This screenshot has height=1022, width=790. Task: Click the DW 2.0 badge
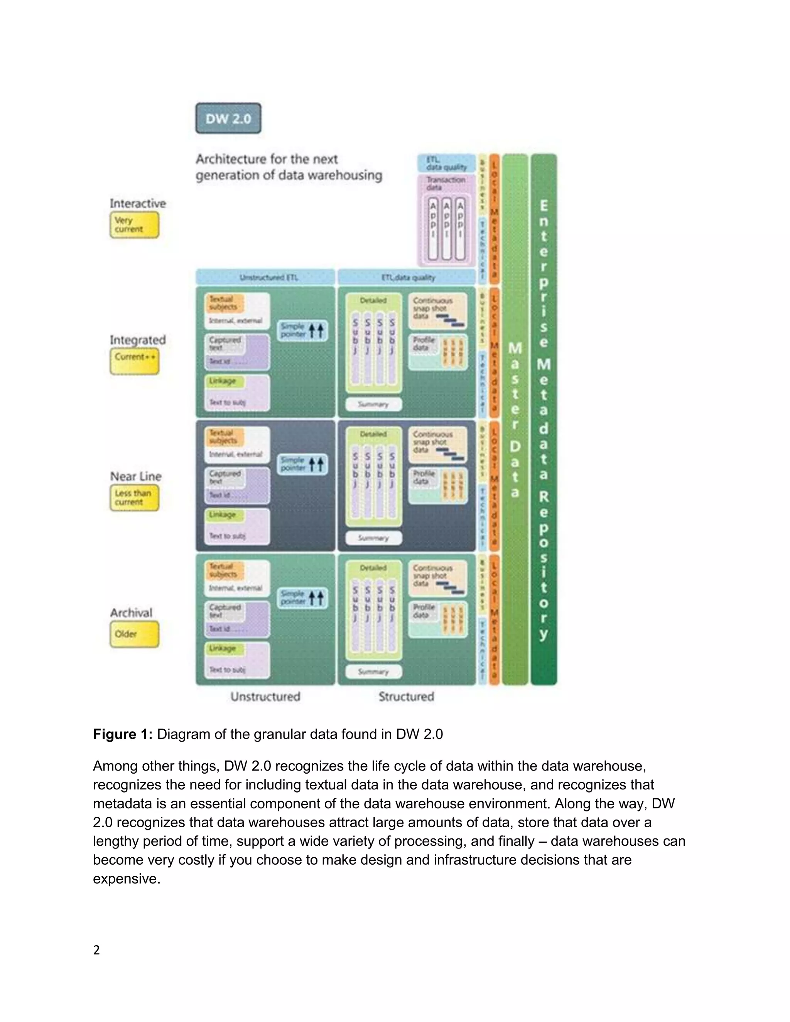[x=228, y=118]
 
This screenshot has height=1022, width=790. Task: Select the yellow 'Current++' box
[x=134, y=361]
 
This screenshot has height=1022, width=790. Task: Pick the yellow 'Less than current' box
[x=134, y=498]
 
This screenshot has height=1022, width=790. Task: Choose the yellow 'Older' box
[x=134, y=634]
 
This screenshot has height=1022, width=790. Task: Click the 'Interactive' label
[x=138, y=204]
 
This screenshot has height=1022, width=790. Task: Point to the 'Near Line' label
[x=136, y=476]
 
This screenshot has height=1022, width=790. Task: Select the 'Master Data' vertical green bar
[x=515, y=419]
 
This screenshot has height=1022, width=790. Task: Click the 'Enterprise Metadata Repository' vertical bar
[x=544, y=419]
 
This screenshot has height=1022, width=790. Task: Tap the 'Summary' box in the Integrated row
[x=373, y=404]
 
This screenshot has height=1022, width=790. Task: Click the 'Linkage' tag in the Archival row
[x=223, y=649]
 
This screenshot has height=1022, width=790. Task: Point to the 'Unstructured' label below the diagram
[x=265, y=696]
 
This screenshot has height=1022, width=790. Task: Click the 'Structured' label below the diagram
[x=406, y=696]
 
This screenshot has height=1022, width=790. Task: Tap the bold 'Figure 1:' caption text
[x=123, y=734]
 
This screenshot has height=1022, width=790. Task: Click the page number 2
[x=96, y=950]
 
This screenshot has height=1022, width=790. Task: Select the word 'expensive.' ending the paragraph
[x=127, y=878]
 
